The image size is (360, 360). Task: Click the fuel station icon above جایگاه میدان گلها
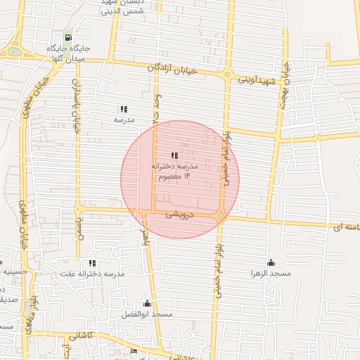(x=67, y=38)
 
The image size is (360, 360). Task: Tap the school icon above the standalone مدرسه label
(x=124, y=109)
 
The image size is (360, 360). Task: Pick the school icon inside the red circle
(x=174, y=155)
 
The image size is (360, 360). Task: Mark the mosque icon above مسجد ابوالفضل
(x=146, y=303)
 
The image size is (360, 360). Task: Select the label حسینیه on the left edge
(x=13, y=271)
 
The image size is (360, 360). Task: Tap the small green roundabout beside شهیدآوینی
(x=226, y=74)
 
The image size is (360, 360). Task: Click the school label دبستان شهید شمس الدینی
(x=122, y=7)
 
